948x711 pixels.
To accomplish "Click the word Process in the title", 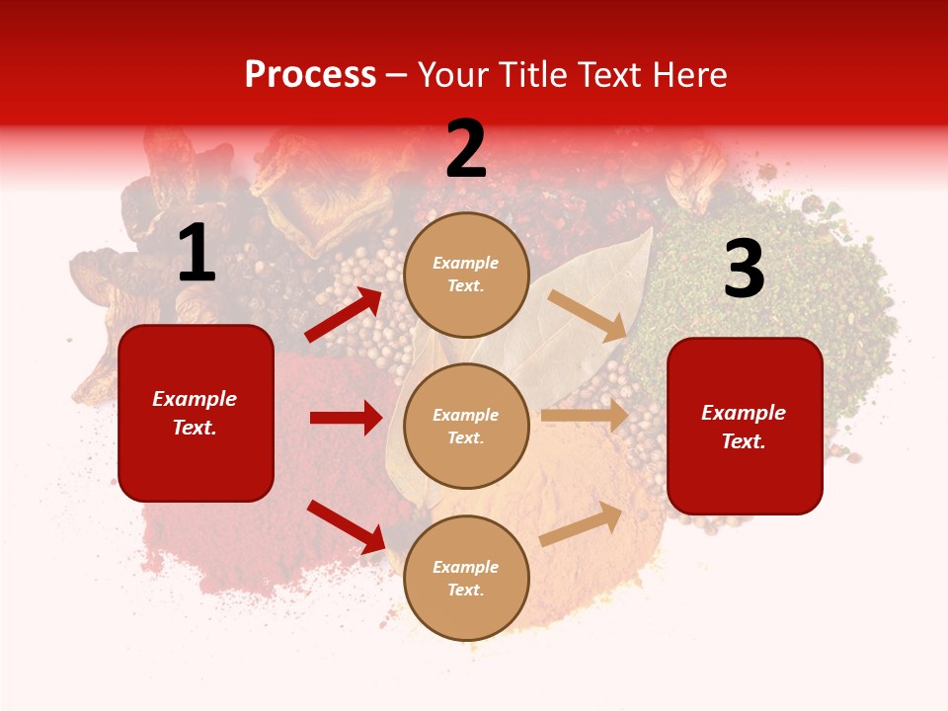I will pos(310,75).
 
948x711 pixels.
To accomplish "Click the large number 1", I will pos(197,254).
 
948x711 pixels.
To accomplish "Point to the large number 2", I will pos(466,149).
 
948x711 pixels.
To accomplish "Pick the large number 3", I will pos(744,270).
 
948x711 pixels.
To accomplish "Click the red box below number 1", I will pos(196,413).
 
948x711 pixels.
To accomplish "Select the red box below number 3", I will pos(745,426).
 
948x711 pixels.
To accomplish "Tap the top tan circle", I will pos(466,275).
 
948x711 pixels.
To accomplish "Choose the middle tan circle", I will pos(466,426).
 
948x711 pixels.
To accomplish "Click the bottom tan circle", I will pos(466,578).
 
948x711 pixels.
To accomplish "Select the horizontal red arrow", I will pos(346,418).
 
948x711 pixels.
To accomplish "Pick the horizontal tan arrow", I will pos(585,416).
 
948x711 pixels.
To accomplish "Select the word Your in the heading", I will pos(454,75).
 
